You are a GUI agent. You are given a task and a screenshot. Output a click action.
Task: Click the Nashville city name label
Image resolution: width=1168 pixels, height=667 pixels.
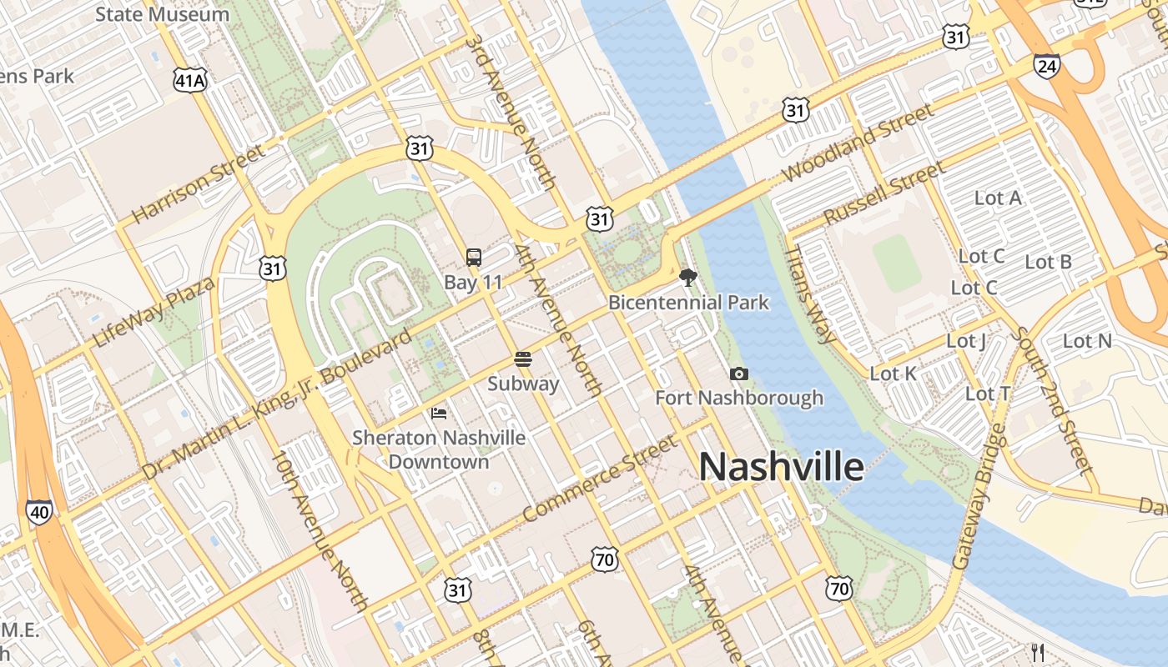[x=781, y=467]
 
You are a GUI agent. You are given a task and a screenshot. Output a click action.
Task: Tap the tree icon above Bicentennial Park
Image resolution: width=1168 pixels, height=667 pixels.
[x=688, y=278]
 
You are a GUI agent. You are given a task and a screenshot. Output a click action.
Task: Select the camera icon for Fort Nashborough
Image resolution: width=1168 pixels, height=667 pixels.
[x=738, y=374]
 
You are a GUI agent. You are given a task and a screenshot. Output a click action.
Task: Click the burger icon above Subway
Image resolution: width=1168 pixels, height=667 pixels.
[x=523, y=359]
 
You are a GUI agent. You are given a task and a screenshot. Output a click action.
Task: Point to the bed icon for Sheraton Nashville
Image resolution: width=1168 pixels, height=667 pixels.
[x=439, y=413]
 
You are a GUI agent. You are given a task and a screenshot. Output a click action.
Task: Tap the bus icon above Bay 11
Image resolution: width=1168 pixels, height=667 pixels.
[x=473, y=258]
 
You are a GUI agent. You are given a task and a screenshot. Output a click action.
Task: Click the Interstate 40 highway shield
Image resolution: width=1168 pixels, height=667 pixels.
[x=38, y=511]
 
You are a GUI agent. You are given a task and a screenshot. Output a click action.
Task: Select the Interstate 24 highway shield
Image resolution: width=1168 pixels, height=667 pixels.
[x=1046, y=66]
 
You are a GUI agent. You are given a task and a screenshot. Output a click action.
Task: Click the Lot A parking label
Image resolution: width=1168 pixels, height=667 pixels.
[x=998, y=198]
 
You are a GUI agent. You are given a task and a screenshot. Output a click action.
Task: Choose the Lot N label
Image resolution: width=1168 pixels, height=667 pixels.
[x=1087, y=341]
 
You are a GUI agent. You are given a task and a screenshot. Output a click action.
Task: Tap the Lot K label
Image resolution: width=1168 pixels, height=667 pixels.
[x=894, y=374]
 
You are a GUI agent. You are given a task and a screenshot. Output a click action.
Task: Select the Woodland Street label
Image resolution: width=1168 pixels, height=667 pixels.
[x=858, y=143]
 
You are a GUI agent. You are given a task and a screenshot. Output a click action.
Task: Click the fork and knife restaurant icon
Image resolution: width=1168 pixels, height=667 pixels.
[x=1038, y=652]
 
